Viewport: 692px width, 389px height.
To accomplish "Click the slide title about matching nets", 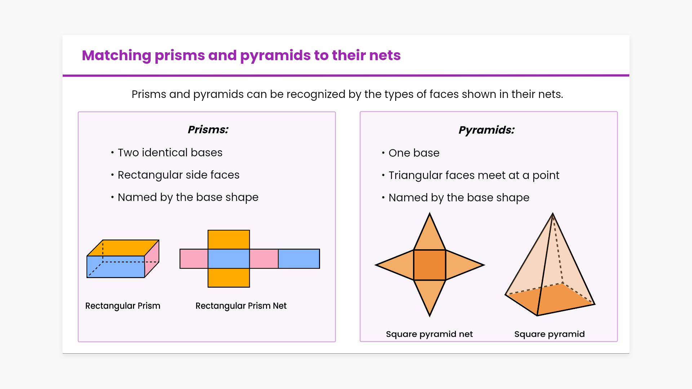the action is click(241, 55).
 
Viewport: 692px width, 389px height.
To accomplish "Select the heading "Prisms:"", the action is click(208, 130).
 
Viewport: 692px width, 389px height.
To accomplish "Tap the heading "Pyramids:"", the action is click(487, 130).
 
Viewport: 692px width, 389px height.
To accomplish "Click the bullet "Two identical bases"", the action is click(170, 153).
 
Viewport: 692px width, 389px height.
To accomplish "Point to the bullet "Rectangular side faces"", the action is click(178, 175).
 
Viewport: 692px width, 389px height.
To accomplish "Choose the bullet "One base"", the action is click(414, 153).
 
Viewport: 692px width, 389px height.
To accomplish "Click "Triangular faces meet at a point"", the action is click(474, 175).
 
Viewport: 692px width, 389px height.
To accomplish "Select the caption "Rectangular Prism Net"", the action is click(241, 306).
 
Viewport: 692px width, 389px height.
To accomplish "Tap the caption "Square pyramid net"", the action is click(429, 334).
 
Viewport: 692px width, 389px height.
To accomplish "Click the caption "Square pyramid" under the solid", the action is click(549, 334).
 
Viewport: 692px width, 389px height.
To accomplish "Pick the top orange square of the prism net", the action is click(229, 240).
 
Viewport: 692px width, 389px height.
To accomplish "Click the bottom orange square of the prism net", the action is click(229, 278).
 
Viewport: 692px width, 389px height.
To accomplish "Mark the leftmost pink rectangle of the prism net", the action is click(194, 259).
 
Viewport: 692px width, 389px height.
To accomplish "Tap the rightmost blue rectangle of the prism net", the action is click(299, 259).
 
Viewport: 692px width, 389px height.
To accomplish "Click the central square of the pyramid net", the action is click(430, 265).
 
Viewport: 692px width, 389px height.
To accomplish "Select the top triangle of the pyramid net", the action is click(430, 236).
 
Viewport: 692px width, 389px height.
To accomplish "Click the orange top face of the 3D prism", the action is click(123, 248).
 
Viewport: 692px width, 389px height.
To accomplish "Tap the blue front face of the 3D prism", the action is click(116, 267).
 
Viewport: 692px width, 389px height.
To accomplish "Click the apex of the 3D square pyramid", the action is click(553, 214).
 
